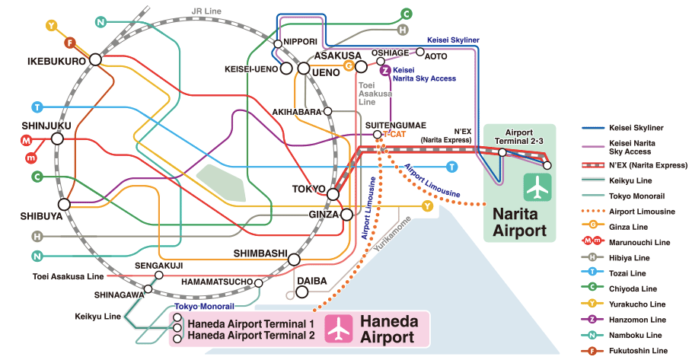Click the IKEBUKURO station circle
coord(95,59)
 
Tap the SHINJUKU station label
coord(47,126)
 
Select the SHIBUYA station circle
coord(64,204)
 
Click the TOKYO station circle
coord(333,195)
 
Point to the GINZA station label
coord(323,215)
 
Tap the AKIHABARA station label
coord(297,112)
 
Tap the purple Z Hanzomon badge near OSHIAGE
coord(386,71)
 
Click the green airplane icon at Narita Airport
coord(538,186)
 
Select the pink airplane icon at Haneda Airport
coord(336,328)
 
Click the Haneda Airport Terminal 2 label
coord(250,335)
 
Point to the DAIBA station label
coord(311,281)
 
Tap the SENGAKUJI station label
coord(158,266)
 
